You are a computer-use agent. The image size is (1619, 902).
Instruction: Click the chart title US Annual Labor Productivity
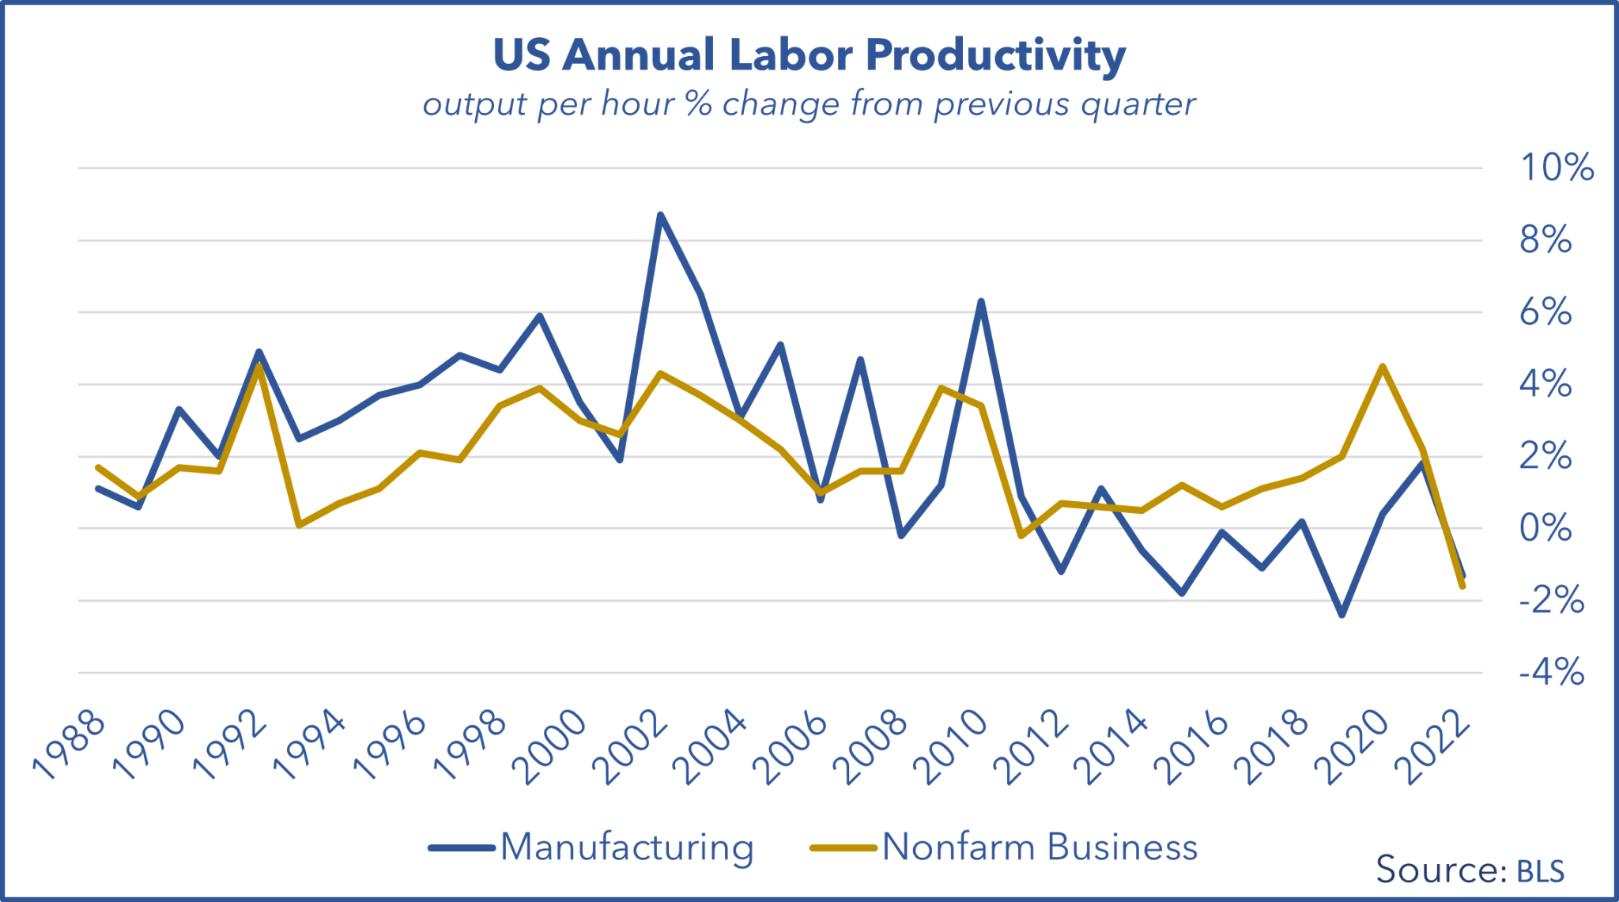click(x=809, y=55)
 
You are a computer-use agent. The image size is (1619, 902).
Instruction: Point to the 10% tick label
click(x=1557, y=168)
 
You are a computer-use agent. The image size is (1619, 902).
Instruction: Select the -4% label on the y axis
click(x=1551, y=673)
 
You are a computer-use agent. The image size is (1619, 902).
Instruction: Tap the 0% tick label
click(x=1545, y=528)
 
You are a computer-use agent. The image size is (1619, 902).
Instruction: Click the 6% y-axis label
click(x=1545, y=312)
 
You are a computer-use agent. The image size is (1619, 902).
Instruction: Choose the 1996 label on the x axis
click(x=391, y=747)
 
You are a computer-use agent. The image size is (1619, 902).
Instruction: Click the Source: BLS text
click(x=1470, y=870)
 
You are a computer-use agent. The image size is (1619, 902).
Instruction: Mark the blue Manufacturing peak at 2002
click(x=660, y=215)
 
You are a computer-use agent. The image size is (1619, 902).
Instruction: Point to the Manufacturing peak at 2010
click(x=981, y=301)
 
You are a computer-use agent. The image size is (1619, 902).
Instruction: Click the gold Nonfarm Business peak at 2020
click(x=1382, y=366)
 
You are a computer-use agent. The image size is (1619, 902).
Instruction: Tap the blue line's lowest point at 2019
click(x=1342, y=615)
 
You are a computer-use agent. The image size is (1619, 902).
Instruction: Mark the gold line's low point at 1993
click(x=299, y=525)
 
